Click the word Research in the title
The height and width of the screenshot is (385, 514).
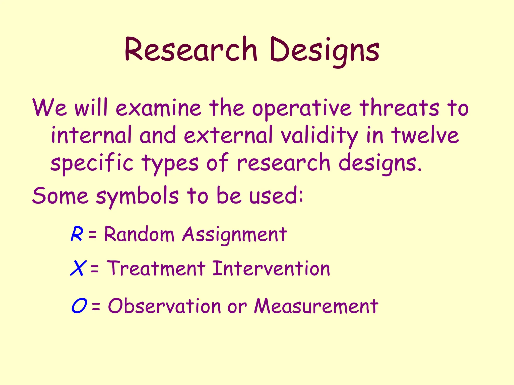(x=191, y=49)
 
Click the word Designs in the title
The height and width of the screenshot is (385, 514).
(x=325, y=50)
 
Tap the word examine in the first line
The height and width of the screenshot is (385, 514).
(x=158, y=108)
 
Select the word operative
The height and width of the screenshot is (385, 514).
(x=301, y=108)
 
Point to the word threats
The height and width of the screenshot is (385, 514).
(x=399, y=108)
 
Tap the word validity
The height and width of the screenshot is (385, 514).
(x=319, y=137)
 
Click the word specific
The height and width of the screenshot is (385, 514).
(x=92, y=163)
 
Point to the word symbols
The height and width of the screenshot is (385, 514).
(x=137, y=196)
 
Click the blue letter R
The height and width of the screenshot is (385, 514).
(x=76, y=234)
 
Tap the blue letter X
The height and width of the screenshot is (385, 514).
(x=78, y=268)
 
